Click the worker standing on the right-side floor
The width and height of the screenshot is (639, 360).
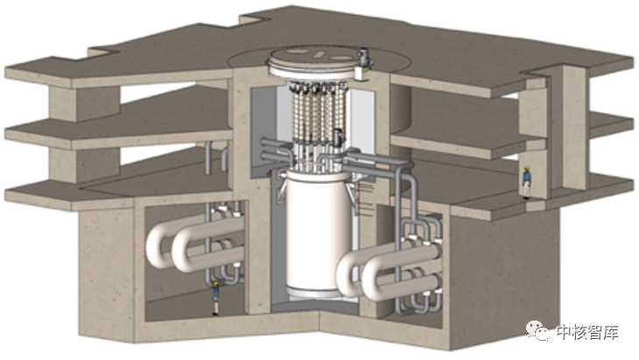tap(527, 182)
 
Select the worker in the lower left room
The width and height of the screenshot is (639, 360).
tap(215, 298)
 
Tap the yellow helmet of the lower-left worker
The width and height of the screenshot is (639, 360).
tap(216, 283)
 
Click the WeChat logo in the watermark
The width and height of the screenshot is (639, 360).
tap(537, 330)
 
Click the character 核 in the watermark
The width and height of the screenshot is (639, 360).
tap(579, 332)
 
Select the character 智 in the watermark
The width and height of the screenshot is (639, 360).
tap(595, 332)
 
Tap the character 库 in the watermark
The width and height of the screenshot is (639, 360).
tap(611, 332)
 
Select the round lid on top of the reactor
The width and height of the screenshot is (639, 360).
tap(315, 61)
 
